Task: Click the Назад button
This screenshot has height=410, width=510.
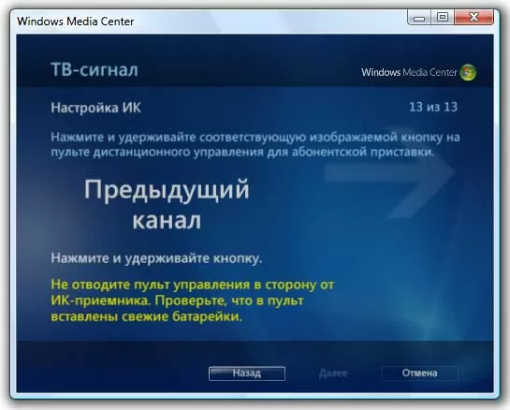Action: click(x=247, y=372)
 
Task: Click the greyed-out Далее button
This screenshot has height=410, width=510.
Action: click(x=333, y=373)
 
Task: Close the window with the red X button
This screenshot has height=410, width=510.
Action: click(x=479, y=16)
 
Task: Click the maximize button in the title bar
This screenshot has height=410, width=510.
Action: click(x=444, y=16)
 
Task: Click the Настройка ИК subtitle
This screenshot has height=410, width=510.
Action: click(x=92, y=109)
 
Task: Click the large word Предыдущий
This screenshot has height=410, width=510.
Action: click(x=167, y=192)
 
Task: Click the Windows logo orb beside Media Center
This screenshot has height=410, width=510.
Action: click(x=469, y=72)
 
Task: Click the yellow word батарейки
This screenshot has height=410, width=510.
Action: click(x=202, y=317)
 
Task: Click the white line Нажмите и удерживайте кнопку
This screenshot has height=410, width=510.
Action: click(x=155, y=256)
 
